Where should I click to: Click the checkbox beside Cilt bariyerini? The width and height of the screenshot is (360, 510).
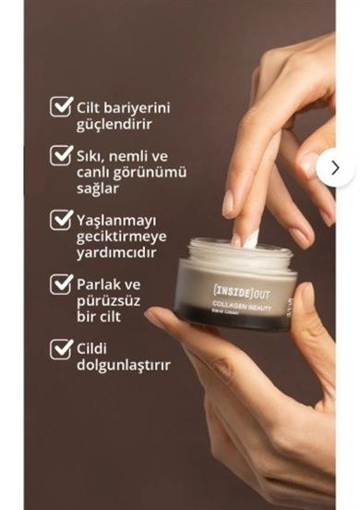pos(61,106)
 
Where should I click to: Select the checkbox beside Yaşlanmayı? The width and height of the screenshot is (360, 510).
pos(61,220)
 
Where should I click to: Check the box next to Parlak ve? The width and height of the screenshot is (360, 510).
pos(61,284)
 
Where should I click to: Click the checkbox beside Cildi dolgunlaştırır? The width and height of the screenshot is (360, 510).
pos(61,348)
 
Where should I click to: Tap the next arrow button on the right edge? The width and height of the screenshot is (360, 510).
pos(335,167)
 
